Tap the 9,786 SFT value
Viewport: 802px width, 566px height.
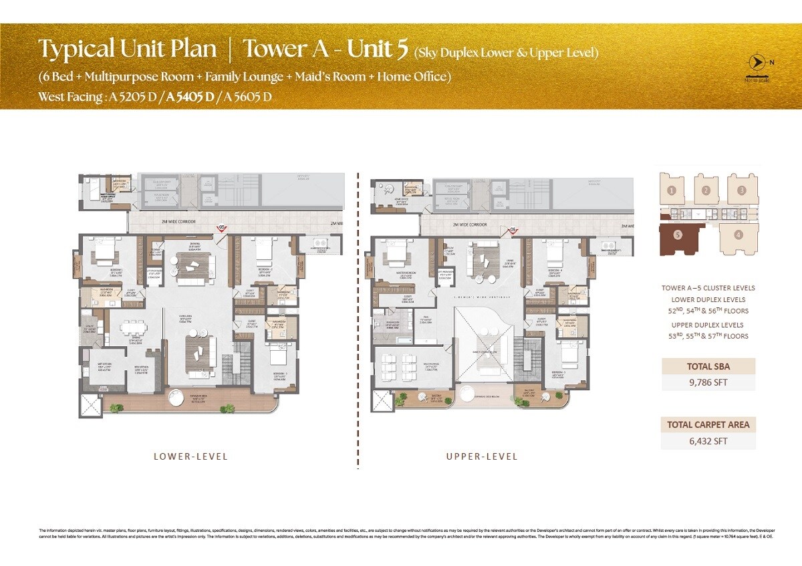point(708,383)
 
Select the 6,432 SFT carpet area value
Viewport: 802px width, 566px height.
point(708,441)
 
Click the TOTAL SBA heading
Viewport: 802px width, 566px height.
point(708,366)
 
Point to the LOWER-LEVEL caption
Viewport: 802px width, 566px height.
point(190,457)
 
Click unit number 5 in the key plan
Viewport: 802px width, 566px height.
point(678,235)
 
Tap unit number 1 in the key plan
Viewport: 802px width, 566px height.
point(672,190)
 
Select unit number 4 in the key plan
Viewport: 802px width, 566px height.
point(739,235)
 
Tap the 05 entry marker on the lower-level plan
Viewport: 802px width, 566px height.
point(221,228)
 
